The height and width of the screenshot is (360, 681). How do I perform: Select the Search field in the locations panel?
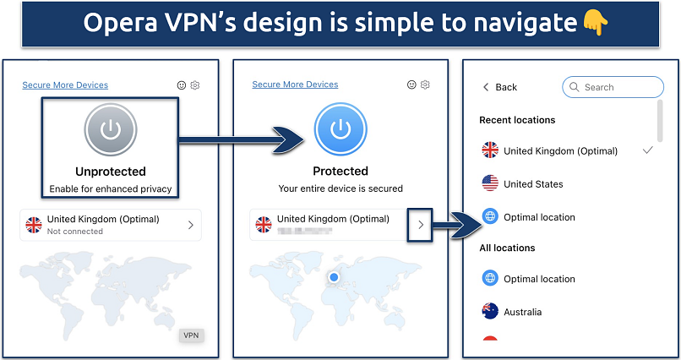pyautogui.click(x=613, y=87)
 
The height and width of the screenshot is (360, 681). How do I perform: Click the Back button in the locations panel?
pyautogui.click(x=499, y=87)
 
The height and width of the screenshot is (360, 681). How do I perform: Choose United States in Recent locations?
pyautogui.click(x=532, y=183)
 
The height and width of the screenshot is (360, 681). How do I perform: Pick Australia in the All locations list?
pyautogui.click(x=522, y=312)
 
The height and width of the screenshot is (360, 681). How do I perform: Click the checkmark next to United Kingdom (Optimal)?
pyautogui.click(x=648, y=150)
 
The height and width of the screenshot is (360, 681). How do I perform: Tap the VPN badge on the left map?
pyautogui.click(x=192, y=335)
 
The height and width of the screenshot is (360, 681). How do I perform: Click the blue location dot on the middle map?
pyautogui.click(x=334, y=276)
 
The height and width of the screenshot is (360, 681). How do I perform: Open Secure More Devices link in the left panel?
pyautogui.click(x=65, y=85)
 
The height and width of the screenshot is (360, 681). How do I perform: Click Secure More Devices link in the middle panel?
pyautogui.click(x=295, y=85)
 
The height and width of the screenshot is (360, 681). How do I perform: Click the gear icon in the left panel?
pyautogui.click(x=195, y=85)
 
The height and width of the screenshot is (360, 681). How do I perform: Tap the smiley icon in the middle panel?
pyautogui.click(x=411, y=85)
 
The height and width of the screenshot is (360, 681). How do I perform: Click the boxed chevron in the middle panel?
pyautogui.click(x=421, y=224)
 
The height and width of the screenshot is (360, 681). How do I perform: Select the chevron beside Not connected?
pyautogui.click(x=190, y=225)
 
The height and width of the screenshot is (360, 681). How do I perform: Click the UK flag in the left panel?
pyautogui.click(x=34, y=225)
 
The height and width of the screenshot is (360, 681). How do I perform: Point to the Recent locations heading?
pyautogui.click(x=517, y=120)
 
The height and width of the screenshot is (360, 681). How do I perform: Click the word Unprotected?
pyautogui.click(x=110, y=171)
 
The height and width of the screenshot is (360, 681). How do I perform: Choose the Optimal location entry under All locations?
pyautogui.click(x=539, y=279)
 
